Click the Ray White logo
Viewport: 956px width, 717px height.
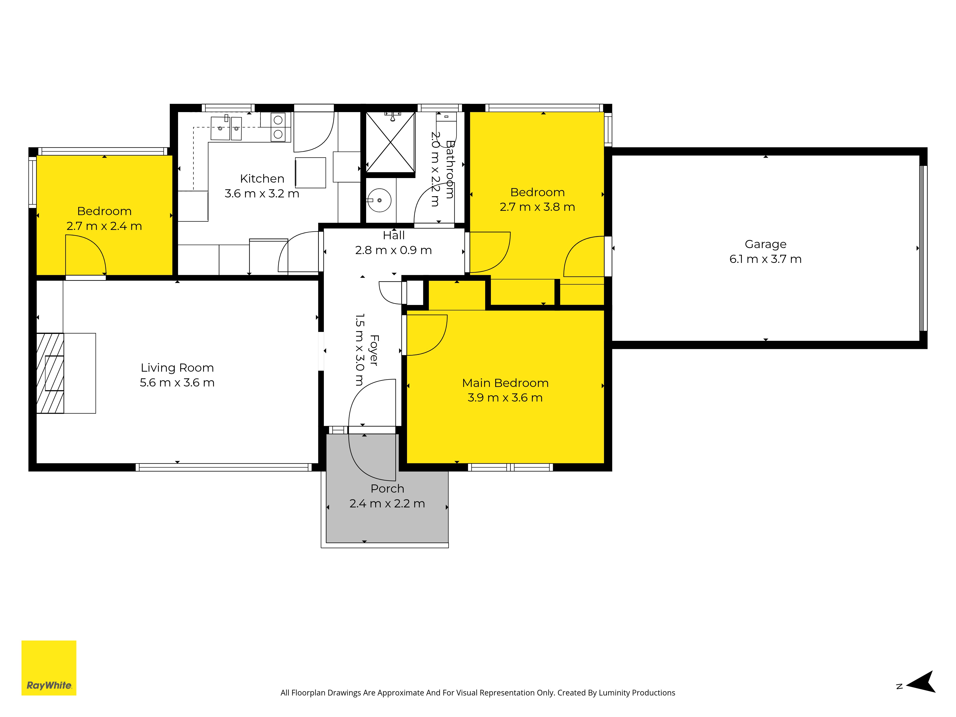(x=49, y=668)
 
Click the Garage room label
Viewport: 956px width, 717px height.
(x=766, y=244)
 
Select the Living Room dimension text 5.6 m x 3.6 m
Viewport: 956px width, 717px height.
(x=177, y=382)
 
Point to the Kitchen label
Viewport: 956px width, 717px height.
(x=262, y=179)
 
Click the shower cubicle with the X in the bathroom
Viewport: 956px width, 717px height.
(x=390, y=142)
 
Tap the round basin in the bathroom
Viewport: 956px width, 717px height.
(x=379, y=200)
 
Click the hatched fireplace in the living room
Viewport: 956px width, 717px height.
(x=50, y=373)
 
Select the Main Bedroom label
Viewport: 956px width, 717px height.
(x=505, y=383)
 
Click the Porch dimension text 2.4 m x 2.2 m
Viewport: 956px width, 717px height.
(x=387, y=504)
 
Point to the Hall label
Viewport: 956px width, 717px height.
(x=394, y=236)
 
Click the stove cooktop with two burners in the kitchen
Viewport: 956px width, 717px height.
(x=278, y=127)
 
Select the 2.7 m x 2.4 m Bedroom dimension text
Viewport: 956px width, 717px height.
(x=104, y=226)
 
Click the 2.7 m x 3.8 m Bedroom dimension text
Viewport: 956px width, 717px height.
(x=537, y=207)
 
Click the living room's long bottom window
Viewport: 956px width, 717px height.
(x=223, y=467)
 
